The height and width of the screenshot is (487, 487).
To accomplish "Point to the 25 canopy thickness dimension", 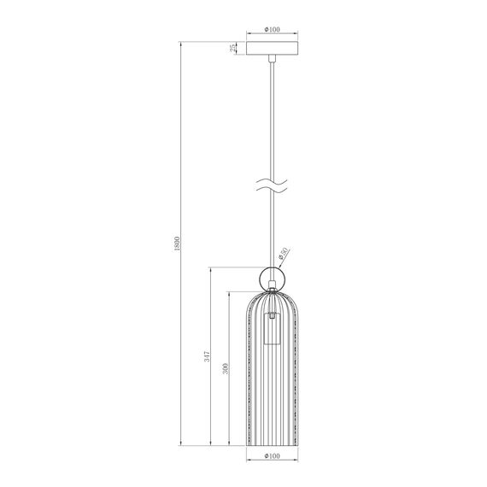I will (x=233, y=48).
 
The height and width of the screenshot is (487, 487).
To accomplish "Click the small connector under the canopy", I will (x=271, y=60).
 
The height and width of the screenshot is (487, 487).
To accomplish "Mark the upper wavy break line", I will (x=271, y=180).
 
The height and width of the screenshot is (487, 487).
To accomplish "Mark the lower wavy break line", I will (x=271, y=191).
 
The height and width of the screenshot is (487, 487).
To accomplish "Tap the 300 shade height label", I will (x=225, y=369).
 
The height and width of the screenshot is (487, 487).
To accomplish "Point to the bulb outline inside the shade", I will (x=271, y=330).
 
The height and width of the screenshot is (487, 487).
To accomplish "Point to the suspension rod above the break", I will (x=271, y=120).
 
